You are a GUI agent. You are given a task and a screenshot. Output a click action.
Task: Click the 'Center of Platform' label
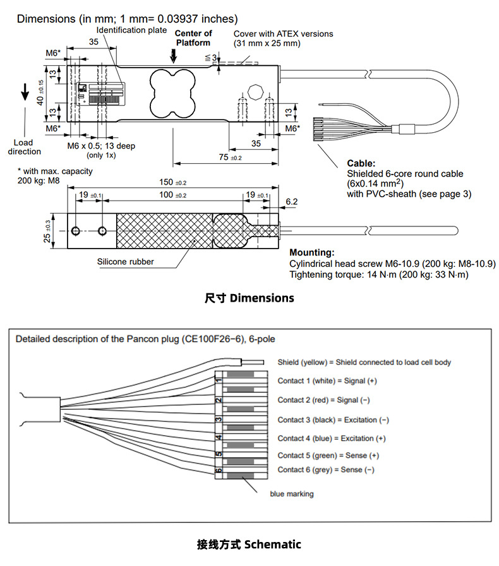click(x=193, y=38)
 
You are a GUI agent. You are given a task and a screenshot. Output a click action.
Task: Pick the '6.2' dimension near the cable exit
click(x=292, y=202)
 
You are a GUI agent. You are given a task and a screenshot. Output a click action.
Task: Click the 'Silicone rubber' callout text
click(x=125, y=262)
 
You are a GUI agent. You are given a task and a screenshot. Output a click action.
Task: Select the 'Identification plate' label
click(x=131, y=30)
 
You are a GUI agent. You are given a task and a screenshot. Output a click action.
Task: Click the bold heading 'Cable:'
click(x=361, y=163)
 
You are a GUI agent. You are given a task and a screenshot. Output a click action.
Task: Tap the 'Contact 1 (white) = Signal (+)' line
click(x=327, y=381)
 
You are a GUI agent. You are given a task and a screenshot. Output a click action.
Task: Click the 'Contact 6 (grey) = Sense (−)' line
click(x=325, y=470)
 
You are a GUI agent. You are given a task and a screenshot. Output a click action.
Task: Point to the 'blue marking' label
click(x=291, y=494)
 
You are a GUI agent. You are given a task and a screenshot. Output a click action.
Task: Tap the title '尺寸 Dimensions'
click(x=249, y=297)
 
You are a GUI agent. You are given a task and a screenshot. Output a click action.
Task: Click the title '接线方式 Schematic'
click(x=249, y=544)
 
